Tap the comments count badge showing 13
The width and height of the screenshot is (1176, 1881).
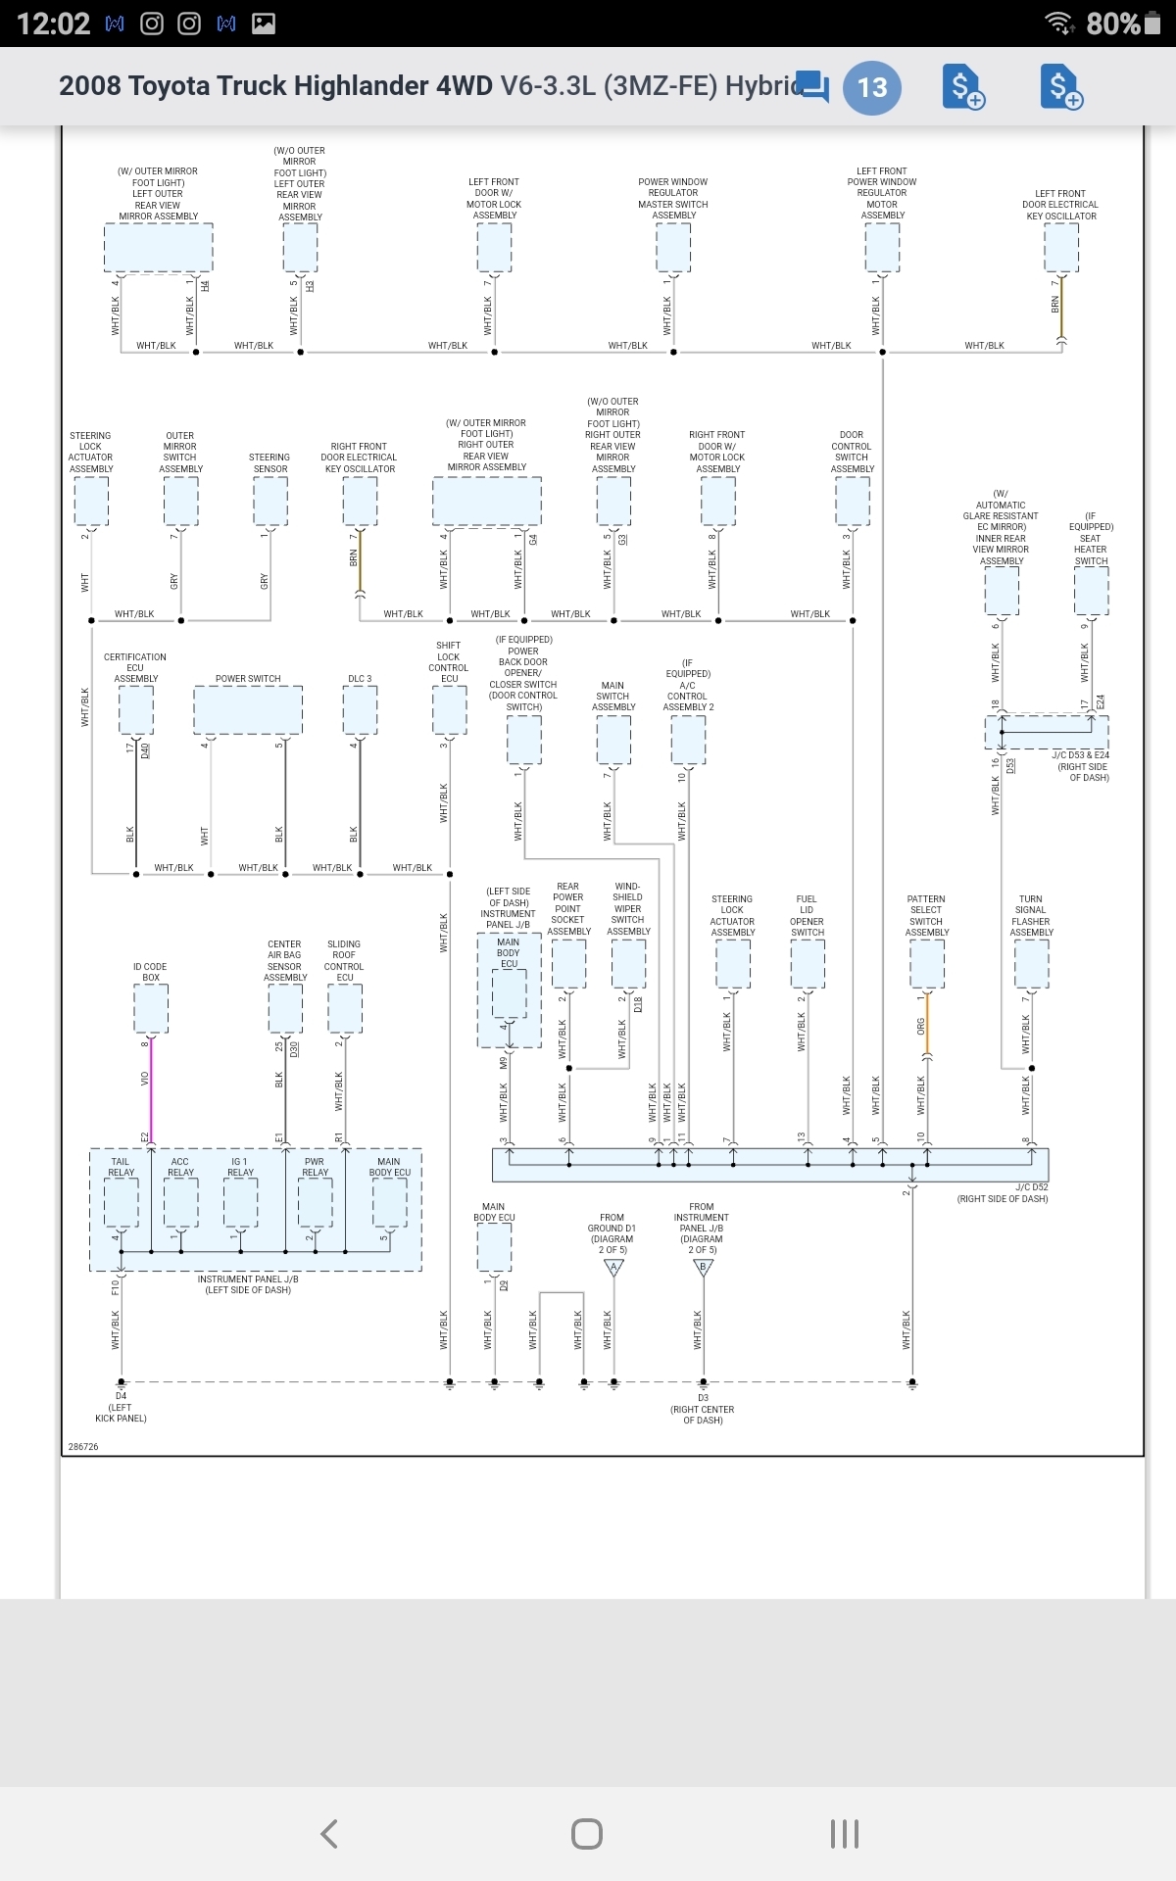[871, 87]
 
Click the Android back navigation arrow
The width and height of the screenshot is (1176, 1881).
[329, 1833]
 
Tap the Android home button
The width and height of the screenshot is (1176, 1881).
[586, 1833]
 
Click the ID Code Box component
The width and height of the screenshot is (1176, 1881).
[151, 1007]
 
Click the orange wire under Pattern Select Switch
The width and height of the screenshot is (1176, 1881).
[927, 1025]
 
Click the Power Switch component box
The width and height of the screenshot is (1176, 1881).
[248, 709]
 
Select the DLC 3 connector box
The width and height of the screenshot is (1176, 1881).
[360, 709]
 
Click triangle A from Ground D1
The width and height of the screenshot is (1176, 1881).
[613, 1267]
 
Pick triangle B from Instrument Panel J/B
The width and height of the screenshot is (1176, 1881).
[703, 1267]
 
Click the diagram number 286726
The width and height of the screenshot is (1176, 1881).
[83, 1447]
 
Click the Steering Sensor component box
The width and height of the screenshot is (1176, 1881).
[270, 502]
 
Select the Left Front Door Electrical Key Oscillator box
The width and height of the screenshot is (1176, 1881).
[1061, 248]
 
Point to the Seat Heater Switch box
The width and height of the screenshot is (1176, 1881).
[1091, 591]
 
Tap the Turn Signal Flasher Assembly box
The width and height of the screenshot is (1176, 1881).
[1031, 964]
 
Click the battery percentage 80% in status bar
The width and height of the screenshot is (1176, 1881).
[1113, 24]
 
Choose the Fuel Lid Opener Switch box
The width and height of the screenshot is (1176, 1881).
[808, 964]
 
